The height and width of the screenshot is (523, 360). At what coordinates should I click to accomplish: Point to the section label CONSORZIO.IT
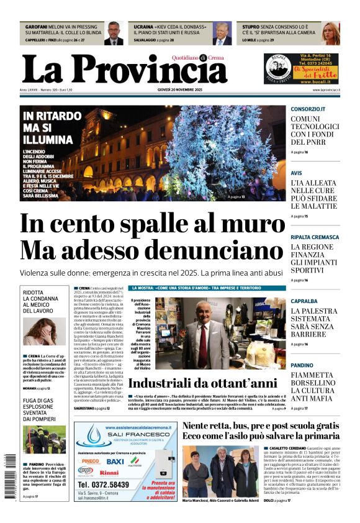coord(308,109)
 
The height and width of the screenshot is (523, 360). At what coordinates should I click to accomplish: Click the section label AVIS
coord(297,173)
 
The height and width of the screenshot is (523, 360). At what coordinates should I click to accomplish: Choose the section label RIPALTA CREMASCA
coord(315,237)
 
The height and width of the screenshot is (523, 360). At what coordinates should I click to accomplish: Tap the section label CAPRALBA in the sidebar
coord(305,301)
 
